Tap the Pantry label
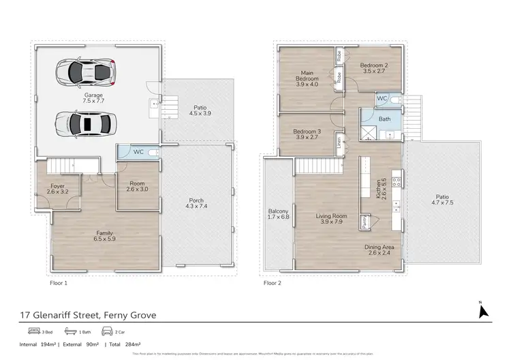point(365,220)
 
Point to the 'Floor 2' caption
point(273,282)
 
